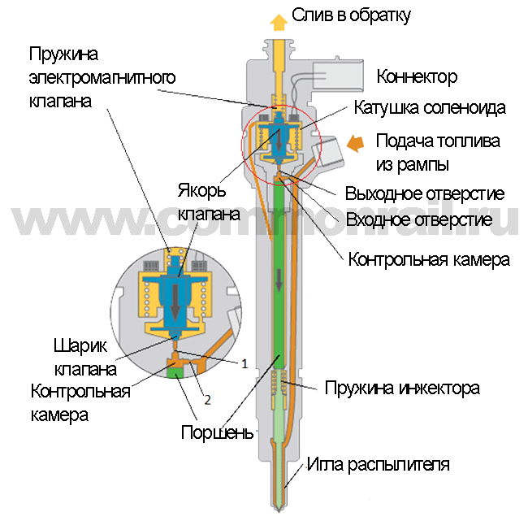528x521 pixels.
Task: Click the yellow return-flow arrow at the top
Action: (x=279, y=22)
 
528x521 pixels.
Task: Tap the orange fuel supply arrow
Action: (x=355, y=144)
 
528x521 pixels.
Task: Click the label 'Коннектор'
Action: (x=417, y=76)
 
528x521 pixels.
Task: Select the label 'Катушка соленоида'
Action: (x=430, y=108)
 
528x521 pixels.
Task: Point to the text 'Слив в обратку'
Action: (x=351, y=15)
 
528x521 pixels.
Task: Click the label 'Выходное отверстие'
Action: (x=425, y=193)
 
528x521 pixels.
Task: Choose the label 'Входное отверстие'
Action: (x=419, y=219)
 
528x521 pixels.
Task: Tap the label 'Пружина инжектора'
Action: (x=402, y=389)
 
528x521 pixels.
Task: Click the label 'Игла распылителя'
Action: (x=379, y=465)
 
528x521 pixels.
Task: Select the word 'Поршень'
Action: (x=217, y=432)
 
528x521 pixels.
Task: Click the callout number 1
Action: (x=245, y=363)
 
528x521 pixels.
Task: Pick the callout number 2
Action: (x=207, y=400)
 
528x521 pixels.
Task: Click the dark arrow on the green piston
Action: (x=279, y=280)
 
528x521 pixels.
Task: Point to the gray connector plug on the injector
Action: (x=338, y=76)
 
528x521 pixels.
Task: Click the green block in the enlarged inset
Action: (x=175, y=372)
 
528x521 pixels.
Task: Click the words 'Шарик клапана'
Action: (x=85, y=357)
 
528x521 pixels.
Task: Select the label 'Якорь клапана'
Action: (x=209, y=202)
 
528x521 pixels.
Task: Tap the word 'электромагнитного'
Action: (x=102, y=78)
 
